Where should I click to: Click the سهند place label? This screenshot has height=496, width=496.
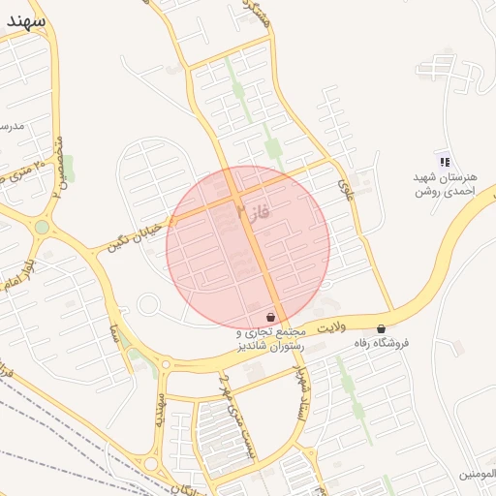25,19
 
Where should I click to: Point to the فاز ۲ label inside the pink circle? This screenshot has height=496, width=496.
250,208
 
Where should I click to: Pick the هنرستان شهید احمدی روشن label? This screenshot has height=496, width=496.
442,185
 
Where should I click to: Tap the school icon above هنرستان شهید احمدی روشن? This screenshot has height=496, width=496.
445,162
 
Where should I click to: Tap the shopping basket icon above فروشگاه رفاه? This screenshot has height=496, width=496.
381,328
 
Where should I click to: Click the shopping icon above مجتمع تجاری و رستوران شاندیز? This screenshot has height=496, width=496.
270,317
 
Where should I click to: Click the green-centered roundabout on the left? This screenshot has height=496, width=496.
42,227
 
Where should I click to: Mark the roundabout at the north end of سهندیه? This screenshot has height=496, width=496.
166,365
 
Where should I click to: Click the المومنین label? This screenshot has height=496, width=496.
479,474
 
